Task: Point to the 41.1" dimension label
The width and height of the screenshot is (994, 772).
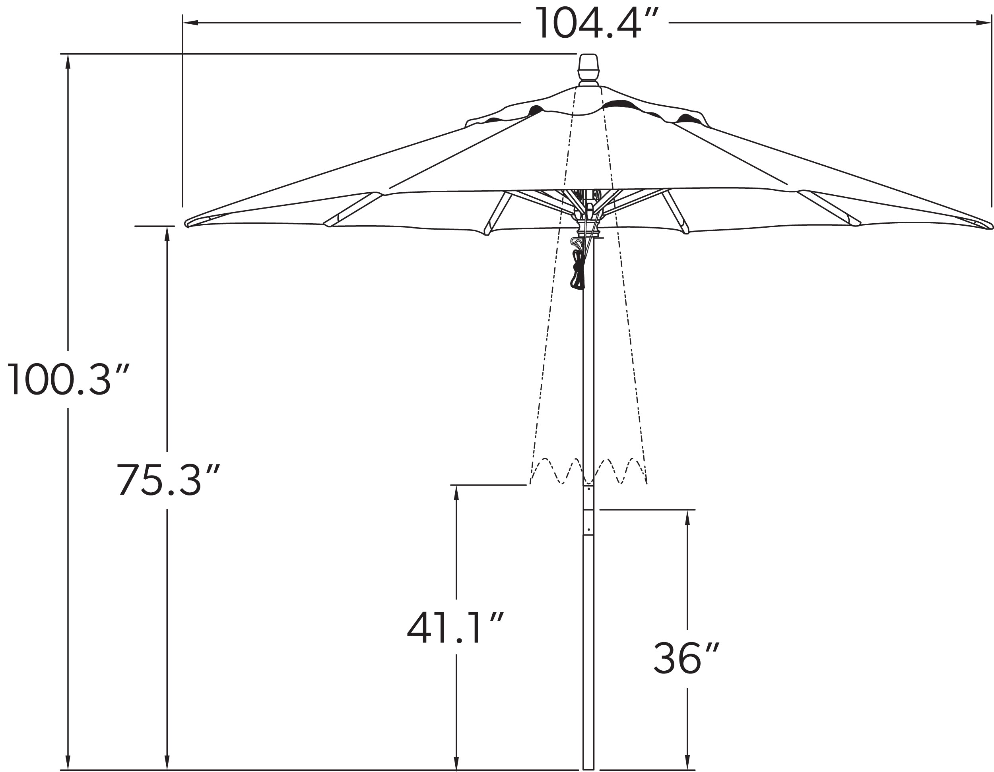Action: tap(455, 628)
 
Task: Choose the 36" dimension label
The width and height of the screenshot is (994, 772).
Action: tap(686, 658)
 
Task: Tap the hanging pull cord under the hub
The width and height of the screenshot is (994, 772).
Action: tap(578, 271)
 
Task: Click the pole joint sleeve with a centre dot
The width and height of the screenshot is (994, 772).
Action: tap(588, 522)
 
